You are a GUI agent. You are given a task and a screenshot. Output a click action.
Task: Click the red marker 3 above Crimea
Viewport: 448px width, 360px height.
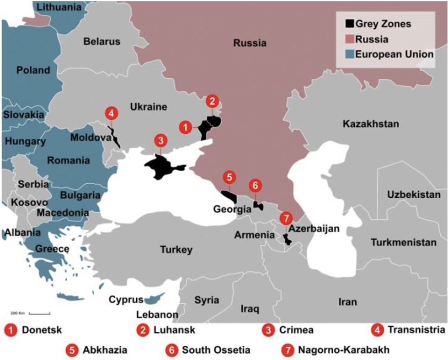click(160, 140)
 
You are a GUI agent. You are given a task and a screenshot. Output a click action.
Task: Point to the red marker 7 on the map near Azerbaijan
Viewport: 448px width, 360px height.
click(287, 217)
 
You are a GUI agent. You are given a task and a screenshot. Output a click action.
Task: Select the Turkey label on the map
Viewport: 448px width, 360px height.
click(176, 250)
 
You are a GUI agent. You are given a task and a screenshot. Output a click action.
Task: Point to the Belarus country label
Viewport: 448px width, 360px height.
click(102, 42)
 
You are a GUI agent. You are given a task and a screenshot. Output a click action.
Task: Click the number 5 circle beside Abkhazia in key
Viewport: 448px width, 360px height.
click(72, 350)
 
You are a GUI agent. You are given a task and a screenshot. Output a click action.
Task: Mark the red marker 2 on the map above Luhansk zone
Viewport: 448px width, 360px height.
click(213, 101)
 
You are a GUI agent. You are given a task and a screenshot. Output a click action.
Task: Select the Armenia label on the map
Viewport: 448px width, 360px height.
click(254, 235)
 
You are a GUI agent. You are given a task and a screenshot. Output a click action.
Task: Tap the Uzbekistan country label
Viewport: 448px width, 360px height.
click(414, 195)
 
